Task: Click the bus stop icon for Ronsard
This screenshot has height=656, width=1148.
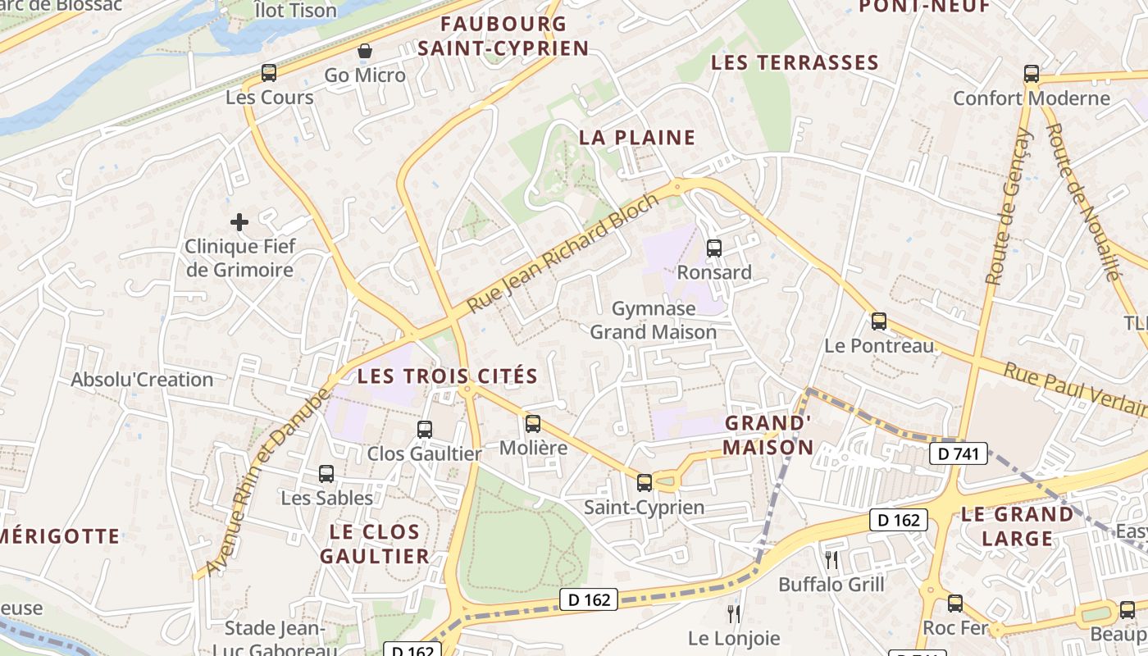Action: point(714,248)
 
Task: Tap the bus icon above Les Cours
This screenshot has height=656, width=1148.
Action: point(269,73)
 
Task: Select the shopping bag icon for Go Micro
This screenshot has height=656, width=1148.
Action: point(365,52)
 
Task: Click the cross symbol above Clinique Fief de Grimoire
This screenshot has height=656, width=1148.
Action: point(239,222)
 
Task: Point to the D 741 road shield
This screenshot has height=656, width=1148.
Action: point(959,453)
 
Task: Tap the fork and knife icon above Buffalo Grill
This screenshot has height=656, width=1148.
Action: point(831,560)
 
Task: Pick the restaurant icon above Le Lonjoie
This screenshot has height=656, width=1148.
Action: point(734,613)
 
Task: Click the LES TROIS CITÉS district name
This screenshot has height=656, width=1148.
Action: point(448,377)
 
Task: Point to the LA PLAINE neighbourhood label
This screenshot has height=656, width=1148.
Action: point(637,138)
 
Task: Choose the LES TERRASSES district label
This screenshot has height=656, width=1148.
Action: point(795,63)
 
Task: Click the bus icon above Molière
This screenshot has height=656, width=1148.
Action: point(533,424)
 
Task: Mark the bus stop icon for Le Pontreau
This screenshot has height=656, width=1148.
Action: point(879,321)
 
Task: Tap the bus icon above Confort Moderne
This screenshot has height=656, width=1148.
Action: point(1032,74)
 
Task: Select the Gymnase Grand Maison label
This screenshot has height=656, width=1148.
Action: point(654,320)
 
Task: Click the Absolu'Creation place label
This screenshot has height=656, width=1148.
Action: point(142,380)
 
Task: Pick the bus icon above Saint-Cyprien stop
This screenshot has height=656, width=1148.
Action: point(645,483)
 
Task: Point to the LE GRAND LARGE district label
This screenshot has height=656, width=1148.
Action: point(1017,526)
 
